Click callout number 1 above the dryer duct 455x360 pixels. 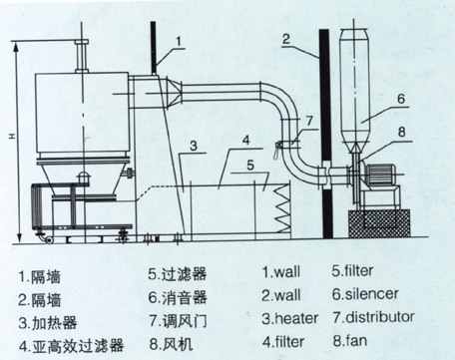[179, 42]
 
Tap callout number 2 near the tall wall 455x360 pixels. [286, 39]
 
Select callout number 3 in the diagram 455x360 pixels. [194, 146]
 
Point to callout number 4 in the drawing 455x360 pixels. [245, 140]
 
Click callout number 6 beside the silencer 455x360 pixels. [401, 99]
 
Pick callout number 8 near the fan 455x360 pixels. [402, 132]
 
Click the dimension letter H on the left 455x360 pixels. [11, 137]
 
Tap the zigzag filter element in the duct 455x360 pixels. [282, 208]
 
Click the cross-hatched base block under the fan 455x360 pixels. [379, 223]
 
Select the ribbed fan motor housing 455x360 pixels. [380, 174]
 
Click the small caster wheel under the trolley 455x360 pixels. [50, 240]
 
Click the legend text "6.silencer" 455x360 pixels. [365, 294]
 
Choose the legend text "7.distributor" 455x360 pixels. [373, 317]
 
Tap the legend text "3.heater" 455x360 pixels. [289, 318]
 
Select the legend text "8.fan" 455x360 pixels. [350, 341]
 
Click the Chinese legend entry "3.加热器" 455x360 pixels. [48, 323]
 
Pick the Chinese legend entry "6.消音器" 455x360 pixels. [178, 297]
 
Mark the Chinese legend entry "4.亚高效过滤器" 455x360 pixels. [71, 346]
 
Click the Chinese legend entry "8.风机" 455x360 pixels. [171, 344]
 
